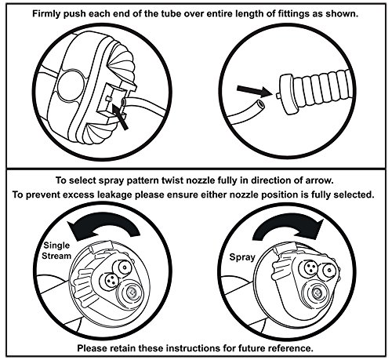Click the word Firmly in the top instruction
coord(46,13)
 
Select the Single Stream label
coord(56,250)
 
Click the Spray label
coord(242,256)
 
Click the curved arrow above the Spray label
coord(288,222)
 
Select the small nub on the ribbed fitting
coord(278,96)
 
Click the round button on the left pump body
coord(71,86)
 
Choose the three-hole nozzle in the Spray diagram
coord(310,268)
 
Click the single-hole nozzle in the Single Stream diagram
coord(125,267)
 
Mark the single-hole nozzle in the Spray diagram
coord(328,271)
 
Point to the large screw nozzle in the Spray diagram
coord(316,293)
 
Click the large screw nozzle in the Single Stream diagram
coord(130,293)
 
